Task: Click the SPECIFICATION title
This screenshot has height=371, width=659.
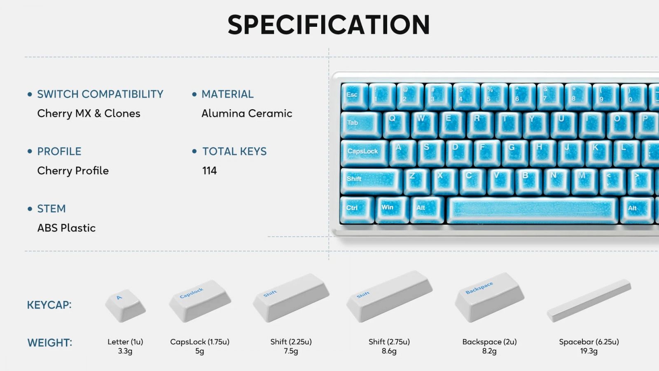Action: [x=329, y=25]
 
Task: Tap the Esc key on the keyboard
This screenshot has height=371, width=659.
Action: [x=354, y=96]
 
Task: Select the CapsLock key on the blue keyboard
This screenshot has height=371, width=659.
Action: [x=365, y=153]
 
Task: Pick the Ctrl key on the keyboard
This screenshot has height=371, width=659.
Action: [x=357, y=210]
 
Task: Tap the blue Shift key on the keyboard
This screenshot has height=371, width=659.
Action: [x=371, y=181]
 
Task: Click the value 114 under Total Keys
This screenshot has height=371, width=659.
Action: [x=210, y=171]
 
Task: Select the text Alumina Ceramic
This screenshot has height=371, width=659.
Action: [x=247, y=113]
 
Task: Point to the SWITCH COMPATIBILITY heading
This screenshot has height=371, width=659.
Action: [x=100, y=94]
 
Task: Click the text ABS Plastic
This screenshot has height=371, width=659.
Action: [x=66, y=228]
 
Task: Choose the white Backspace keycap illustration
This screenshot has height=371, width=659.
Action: [x=489, y=297]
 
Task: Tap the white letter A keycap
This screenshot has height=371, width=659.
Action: [x=125, y=305]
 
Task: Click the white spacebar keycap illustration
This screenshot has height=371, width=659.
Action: [x=589, y=301]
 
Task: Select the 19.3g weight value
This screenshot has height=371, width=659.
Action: [x=589, y=351]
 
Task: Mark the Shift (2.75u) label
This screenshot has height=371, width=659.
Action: [x=389, y=342]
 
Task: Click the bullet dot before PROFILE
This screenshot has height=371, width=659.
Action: [x=30, y=151]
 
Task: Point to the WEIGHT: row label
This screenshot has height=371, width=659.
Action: [x=50, y=343]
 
